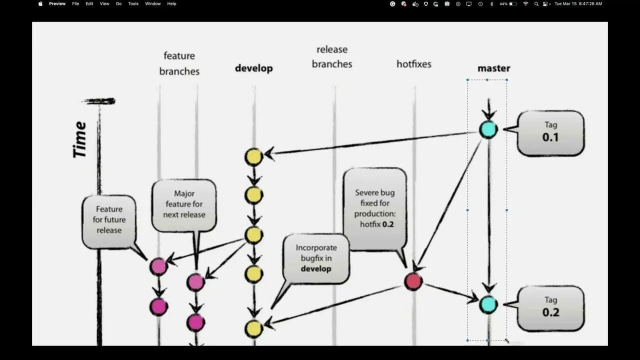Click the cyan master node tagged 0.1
point(488,129)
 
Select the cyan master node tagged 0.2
point(488,304)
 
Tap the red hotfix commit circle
point(413,281)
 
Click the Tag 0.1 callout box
point(550,132)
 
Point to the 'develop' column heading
point(254,68)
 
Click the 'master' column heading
point(493,68)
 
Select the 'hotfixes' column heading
point(413,64)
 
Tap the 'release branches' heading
point(332,56)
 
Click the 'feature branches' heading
point(179,63)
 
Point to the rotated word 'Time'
point(80,139)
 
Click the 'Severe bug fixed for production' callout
point(374,208)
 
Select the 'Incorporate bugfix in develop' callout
point(316,258)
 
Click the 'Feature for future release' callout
point(109,219)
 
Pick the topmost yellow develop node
point(254,157)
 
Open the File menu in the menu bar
point(75,3)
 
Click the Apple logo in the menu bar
point(40,3)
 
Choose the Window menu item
point(152,3)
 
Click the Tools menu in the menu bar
point(133,3)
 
